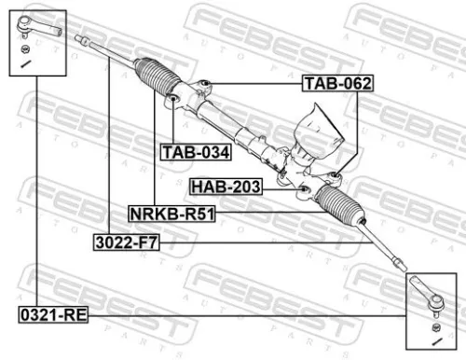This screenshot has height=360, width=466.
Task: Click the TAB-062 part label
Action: [337, 84]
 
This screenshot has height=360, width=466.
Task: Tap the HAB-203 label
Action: [226, 187]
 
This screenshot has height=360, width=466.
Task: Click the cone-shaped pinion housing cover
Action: [314, 127]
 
